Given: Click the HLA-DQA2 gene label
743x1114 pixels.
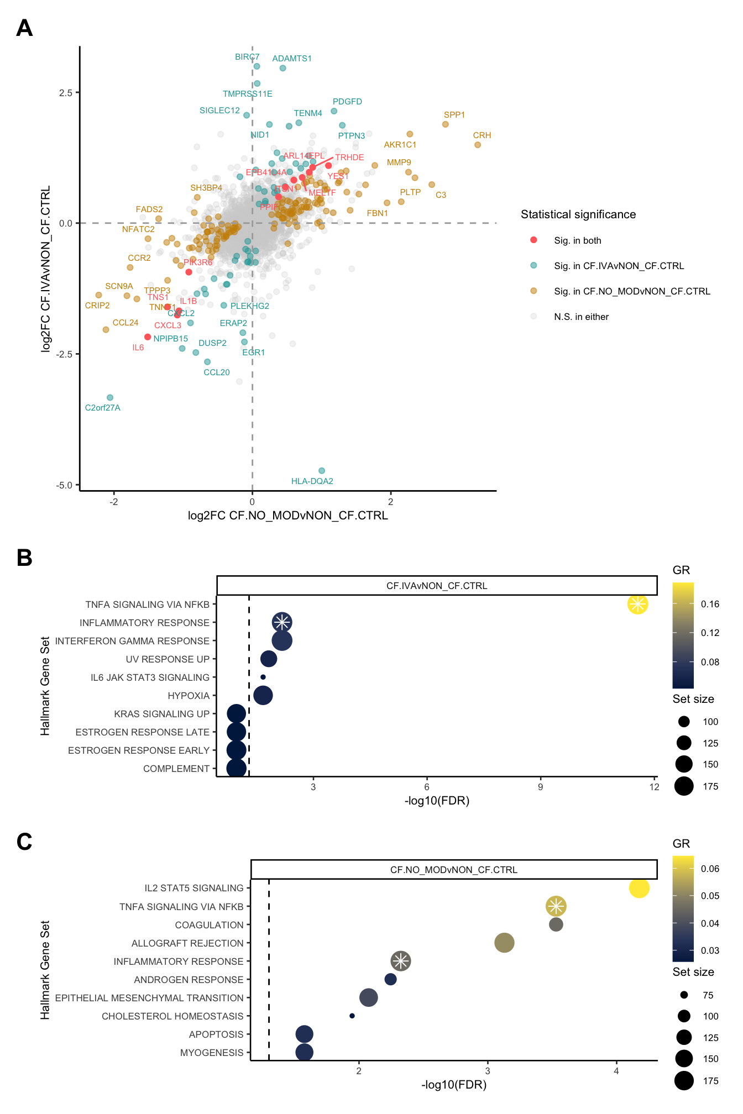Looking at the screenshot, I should tap(312, 481).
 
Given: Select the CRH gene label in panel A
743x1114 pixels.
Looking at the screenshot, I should tap(482, 135).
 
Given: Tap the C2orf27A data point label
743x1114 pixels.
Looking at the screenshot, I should tap(102, 408).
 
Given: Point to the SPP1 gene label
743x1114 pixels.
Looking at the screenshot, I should tap(454, 115).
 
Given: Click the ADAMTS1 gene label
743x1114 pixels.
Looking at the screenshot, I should tap(291, 59).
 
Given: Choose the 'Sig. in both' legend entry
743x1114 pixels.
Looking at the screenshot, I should tap(577, 240).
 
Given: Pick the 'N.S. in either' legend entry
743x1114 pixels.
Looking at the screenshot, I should tap(581, 317).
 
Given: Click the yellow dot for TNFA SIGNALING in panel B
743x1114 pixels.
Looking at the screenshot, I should tap(637, 604).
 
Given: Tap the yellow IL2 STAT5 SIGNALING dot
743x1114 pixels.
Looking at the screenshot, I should tap(639, 888).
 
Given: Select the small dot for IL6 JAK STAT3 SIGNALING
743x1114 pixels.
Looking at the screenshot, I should tap(263, 677).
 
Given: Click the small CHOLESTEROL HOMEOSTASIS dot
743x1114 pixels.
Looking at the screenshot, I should tap(352, 1016).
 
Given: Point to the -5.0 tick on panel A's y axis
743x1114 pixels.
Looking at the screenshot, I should tap(64, 485).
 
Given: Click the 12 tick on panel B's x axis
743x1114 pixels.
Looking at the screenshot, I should tap(654, 787).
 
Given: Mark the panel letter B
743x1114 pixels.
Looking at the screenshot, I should tap(24, 558).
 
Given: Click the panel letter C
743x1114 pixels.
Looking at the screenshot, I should tap(24, 842).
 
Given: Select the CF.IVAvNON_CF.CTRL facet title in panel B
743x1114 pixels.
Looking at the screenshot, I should tap(437, 586).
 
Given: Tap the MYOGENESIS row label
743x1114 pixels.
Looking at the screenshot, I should tap(212, 1053).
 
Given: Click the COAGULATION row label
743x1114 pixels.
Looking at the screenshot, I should tap(209, 925).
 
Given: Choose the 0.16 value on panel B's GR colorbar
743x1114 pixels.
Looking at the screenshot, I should tap(710, 604).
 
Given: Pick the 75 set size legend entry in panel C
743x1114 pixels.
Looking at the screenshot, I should tap(708, 995).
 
